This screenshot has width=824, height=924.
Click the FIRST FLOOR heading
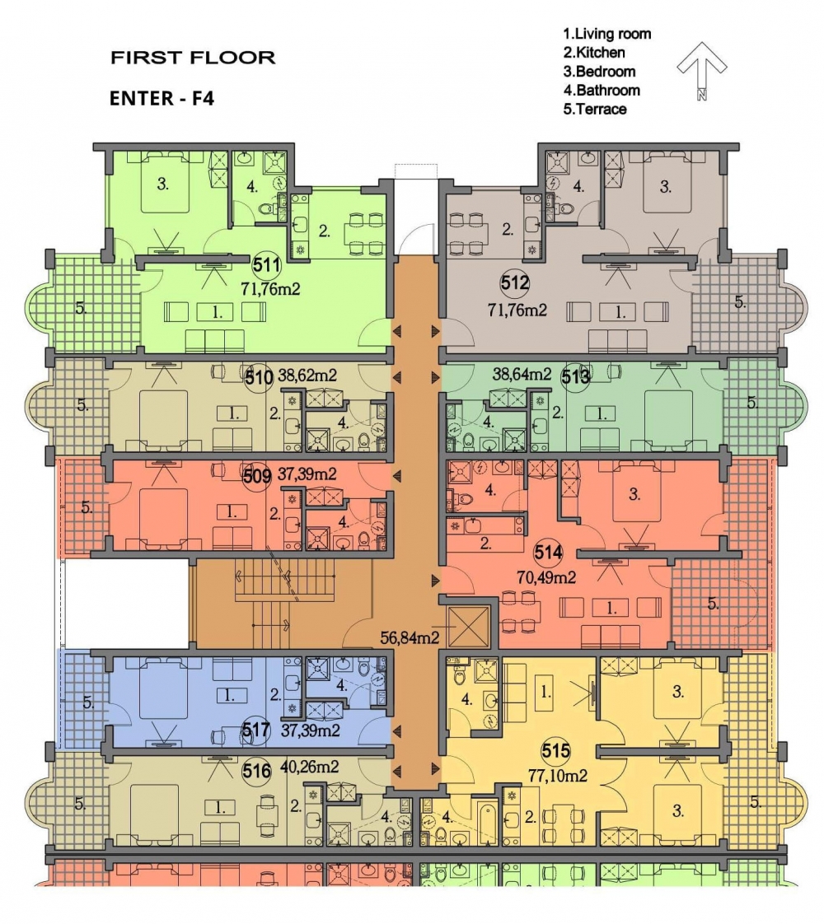tap(193, 58)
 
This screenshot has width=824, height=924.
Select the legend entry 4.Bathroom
tap(602, 90)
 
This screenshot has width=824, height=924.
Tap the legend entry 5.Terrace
tap(594, 109)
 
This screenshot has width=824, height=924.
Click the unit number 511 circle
tap(266, 265)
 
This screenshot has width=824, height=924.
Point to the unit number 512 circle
tap(514, 282)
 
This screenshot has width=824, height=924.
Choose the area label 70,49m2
tap(546, 577)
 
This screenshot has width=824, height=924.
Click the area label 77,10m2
tap(558, 776)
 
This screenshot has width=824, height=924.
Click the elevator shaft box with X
tap(469, 627)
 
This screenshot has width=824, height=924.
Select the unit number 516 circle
tap(256, 770)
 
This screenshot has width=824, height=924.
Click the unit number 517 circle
tap(256, 730)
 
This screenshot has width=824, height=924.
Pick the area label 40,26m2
tap(309, 767)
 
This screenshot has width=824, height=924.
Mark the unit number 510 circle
tap(259, 376)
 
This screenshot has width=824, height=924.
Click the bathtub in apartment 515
tap(487, 821)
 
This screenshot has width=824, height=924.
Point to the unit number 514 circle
tap(548, 553)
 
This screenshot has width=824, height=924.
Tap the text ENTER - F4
tap(162, 98)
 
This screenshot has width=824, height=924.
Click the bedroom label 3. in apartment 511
tap(162, 184)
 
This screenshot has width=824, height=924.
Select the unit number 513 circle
tap(575, 376)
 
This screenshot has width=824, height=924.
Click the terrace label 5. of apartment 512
tap(740, 301)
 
